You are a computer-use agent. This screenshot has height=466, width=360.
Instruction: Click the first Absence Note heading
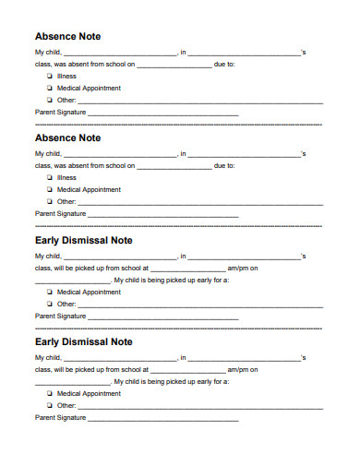67,36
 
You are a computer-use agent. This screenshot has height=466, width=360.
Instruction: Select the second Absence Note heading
67,137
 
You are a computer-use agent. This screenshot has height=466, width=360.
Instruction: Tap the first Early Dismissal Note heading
83,240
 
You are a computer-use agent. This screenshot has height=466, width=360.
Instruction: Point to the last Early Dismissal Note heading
83,341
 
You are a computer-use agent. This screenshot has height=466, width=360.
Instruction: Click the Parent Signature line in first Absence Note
162,113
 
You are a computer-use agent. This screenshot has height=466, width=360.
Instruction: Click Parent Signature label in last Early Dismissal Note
60,417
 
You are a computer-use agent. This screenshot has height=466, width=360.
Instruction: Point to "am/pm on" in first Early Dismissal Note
243,268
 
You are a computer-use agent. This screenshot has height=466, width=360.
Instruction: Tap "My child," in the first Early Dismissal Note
48,256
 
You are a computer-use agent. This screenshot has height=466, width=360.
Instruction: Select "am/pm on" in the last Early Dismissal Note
243,369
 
